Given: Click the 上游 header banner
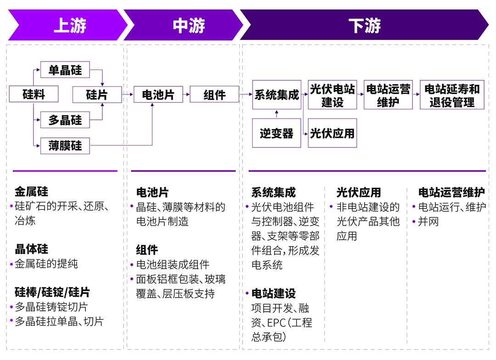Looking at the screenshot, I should click(69, 25).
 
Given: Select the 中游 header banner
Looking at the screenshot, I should click(188, 25).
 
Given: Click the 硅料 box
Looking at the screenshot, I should click(34, 95).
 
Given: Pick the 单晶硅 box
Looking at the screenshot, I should click(65, 70).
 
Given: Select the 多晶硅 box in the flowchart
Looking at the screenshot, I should click(65, 120).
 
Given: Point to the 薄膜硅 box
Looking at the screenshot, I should click(65, 146).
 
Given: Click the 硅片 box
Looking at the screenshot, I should click(97, 95).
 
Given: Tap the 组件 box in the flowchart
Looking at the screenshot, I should click(214, 95).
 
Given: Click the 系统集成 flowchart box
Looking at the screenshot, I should click(277, 95).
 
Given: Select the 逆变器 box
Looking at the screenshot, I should click(276, 133).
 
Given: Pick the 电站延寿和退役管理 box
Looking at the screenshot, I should click(452, 95).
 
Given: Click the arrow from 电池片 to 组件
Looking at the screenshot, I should click(186, 95).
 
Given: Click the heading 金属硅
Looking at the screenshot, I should click(31, 191).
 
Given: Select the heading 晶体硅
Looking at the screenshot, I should click(31, 249).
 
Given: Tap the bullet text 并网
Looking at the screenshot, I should click(428, 221).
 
